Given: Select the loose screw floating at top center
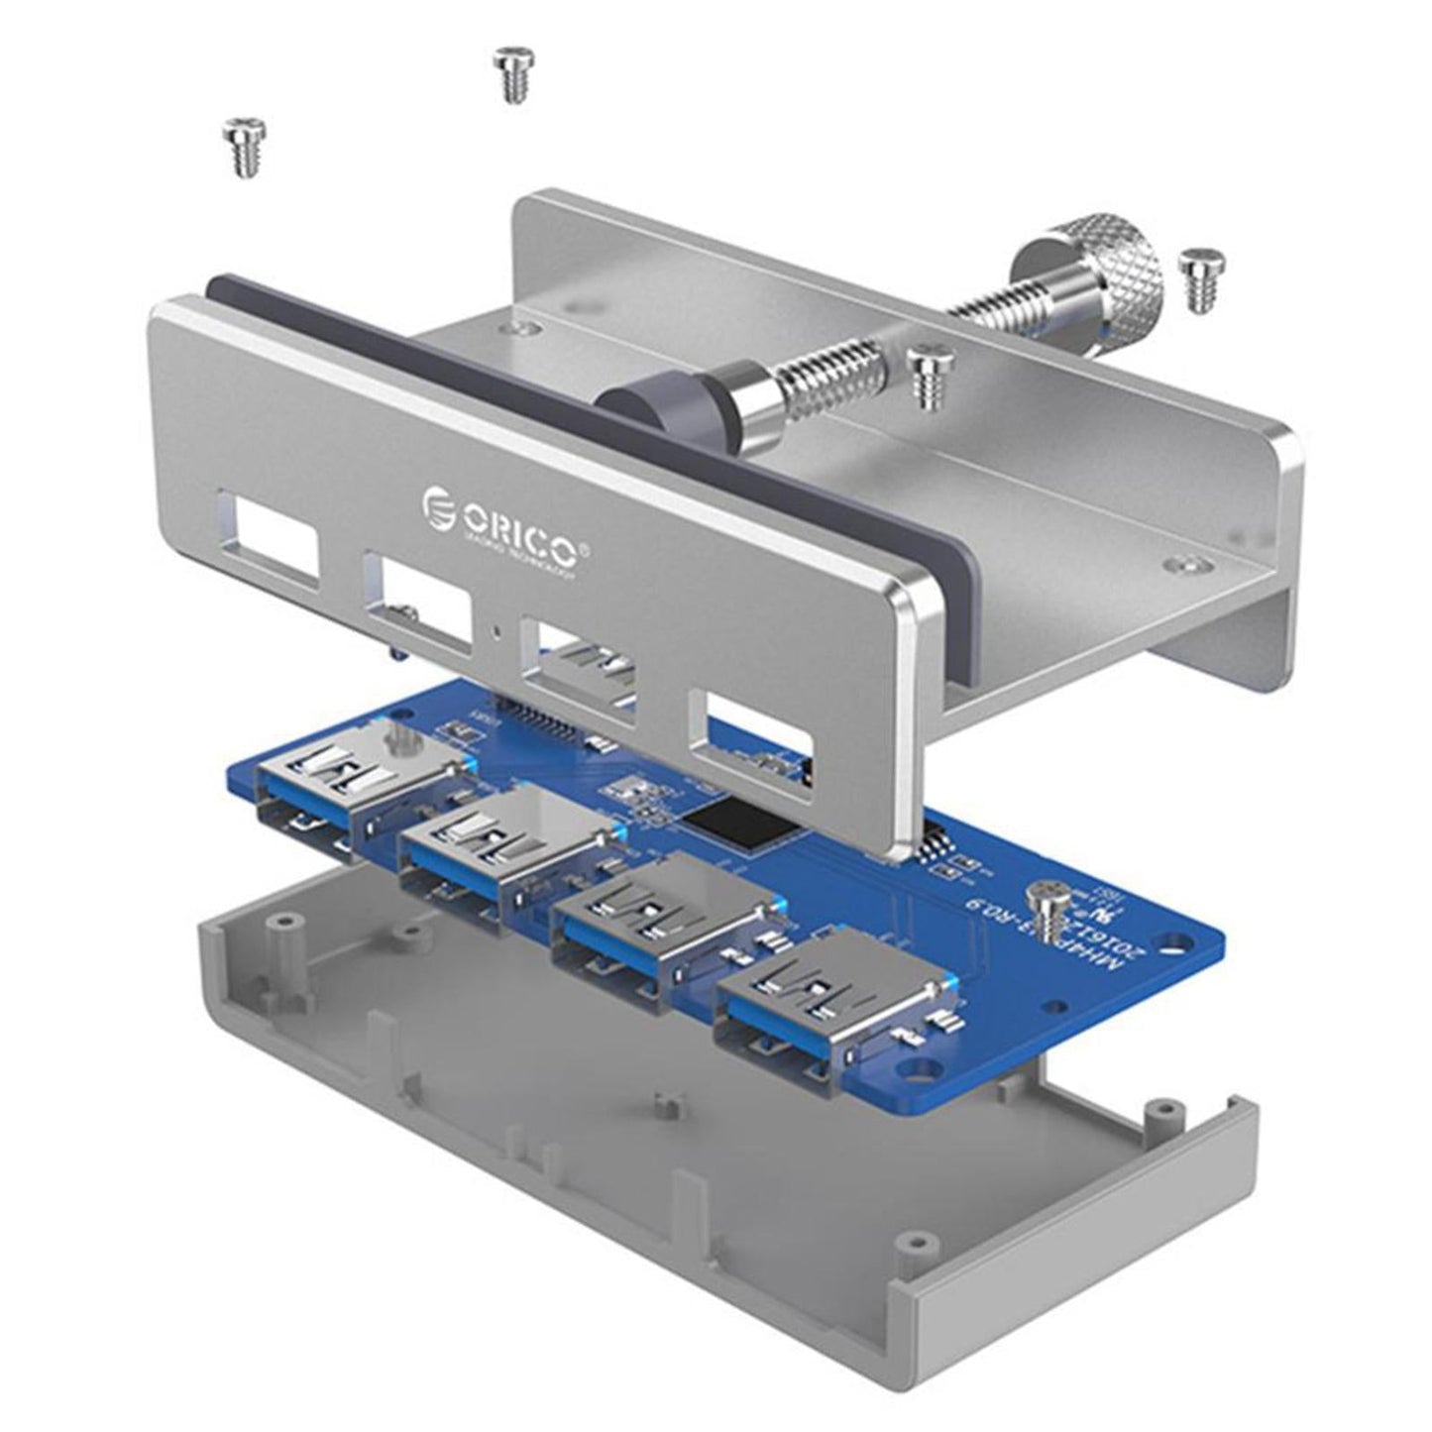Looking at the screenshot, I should [x=511, y=73].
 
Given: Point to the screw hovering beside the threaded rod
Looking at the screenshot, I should [x=927, y=375].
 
